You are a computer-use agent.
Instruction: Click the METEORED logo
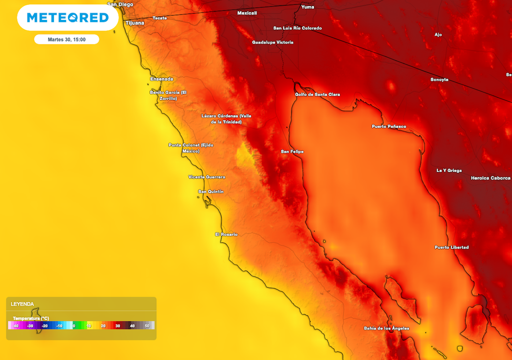(67, 18)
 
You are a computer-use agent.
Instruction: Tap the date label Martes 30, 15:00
(66, 39)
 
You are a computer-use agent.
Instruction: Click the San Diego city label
(120, 4)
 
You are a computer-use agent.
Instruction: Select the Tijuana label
(134, 22)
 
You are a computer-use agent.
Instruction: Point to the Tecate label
(159, 18)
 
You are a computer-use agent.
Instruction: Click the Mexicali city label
(246, 12)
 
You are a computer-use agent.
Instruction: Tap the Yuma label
(307, 7)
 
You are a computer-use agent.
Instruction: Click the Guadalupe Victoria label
(272, 42)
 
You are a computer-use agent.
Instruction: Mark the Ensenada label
(162, 79)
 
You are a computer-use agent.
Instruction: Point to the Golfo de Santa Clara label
(317, 94)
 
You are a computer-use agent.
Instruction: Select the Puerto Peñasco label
(389, 126)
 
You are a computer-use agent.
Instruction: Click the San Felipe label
(292, 151)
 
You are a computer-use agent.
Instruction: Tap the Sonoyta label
(439, 79)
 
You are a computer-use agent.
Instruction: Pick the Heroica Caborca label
(491, 178)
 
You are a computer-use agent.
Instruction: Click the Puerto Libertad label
(451, 247)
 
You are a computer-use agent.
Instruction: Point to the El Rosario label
(226, 234)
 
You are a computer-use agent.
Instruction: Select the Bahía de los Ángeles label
(386, 328)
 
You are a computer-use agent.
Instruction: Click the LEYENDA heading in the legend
(22, 304)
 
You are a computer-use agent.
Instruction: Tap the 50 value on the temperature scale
(147, 326)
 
